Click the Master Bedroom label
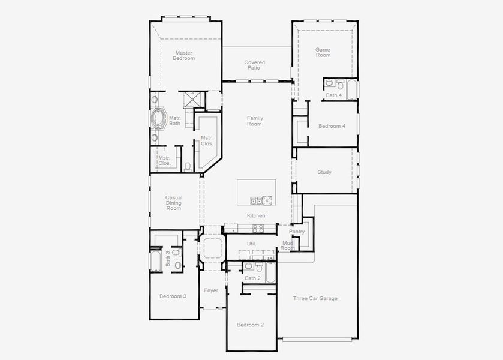point(183,55)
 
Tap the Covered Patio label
point(254,65)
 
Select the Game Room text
point(323,52)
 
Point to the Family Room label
point(255,121)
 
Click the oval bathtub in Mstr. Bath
point(159,119)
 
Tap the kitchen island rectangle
point(256,192)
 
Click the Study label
point(324,172)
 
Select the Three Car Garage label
point(315,298)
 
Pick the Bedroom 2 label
point(250,325)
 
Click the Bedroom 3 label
point(173,296)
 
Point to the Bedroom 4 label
point(332,126)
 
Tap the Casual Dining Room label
point(174,203)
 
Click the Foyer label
point(211,290)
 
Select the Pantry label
point(297,231)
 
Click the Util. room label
point(251,244)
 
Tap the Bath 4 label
point(334,95)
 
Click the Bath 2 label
point(252,278)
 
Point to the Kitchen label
point(256,215)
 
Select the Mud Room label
point(288,245)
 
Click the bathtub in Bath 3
point(155,262)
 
